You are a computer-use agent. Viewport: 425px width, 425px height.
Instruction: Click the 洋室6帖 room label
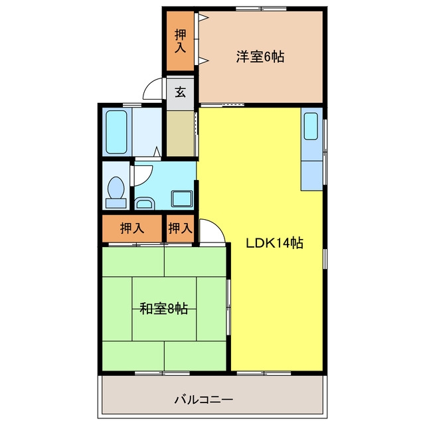pos(260,56)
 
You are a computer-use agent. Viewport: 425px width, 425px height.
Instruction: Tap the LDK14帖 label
pos(274,243)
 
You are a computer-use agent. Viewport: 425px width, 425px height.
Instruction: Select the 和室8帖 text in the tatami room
pos(164,308)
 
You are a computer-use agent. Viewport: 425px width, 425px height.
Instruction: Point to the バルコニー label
pos(204,400)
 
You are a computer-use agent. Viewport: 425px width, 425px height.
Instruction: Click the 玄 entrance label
pos(180,92)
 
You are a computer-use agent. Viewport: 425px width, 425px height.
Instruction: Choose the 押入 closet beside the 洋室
pos(180,41)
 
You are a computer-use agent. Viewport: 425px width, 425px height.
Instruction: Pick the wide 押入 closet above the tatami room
pos(132,228)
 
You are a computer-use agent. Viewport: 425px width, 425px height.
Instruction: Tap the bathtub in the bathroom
pos(117,132)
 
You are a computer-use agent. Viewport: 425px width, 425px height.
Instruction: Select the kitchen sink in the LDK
pos(311,126)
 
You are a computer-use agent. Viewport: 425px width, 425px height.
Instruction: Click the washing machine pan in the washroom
pos(182,199)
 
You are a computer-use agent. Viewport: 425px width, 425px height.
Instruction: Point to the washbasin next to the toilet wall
pos(145,203)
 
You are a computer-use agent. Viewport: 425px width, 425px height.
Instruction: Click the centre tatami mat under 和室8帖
pos(164,309)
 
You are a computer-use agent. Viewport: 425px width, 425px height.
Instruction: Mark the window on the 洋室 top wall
pos(261,9)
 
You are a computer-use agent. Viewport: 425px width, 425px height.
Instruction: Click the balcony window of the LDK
pos(264,373)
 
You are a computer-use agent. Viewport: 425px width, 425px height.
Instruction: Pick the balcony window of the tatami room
pos(162,373)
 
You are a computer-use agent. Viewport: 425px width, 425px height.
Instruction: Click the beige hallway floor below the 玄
pos(180,133)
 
